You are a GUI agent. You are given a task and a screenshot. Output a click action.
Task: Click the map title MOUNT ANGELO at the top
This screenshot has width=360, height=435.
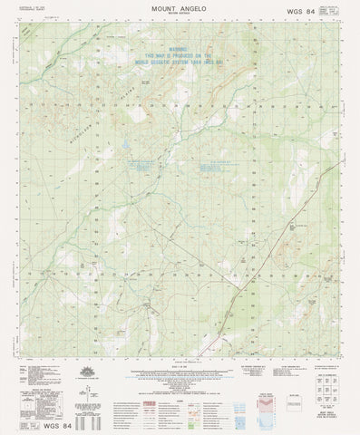tap(179, 8)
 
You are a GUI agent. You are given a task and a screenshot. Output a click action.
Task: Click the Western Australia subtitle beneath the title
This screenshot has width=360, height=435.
tap(179, 15)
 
